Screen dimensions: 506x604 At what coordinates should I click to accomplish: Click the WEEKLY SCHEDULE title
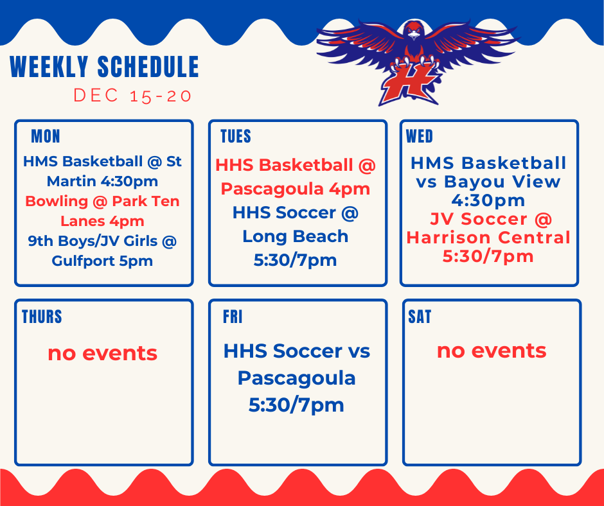(104, 67)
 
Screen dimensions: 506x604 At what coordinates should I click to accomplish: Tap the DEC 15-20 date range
(132, 96)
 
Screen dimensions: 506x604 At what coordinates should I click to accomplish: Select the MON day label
(46, 136)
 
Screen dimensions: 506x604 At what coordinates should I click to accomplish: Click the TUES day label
(236, 136)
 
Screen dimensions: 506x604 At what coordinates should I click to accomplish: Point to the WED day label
(420, 136)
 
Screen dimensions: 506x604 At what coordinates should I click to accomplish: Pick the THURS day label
(42, 317)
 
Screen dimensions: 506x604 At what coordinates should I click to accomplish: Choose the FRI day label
(233, 317)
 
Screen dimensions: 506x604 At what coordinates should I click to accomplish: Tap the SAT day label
(420, 317)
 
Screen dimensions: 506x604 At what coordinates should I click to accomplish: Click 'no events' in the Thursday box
(102, 353)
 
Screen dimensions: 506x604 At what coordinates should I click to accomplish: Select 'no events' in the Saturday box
(492, 351)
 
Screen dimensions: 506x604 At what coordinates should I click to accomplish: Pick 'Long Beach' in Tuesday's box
(295, 236)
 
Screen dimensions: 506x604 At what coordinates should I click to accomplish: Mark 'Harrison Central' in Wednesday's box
(488, 238)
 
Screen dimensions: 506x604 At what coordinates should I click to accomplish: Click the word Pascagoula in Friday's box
(296, 378)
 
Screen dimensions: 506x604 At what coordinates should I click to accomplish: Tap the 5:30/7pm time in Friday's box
(296, 405)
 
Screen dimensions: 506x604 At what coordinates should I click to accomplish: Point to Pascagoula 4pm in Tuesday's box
(295, 189)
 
